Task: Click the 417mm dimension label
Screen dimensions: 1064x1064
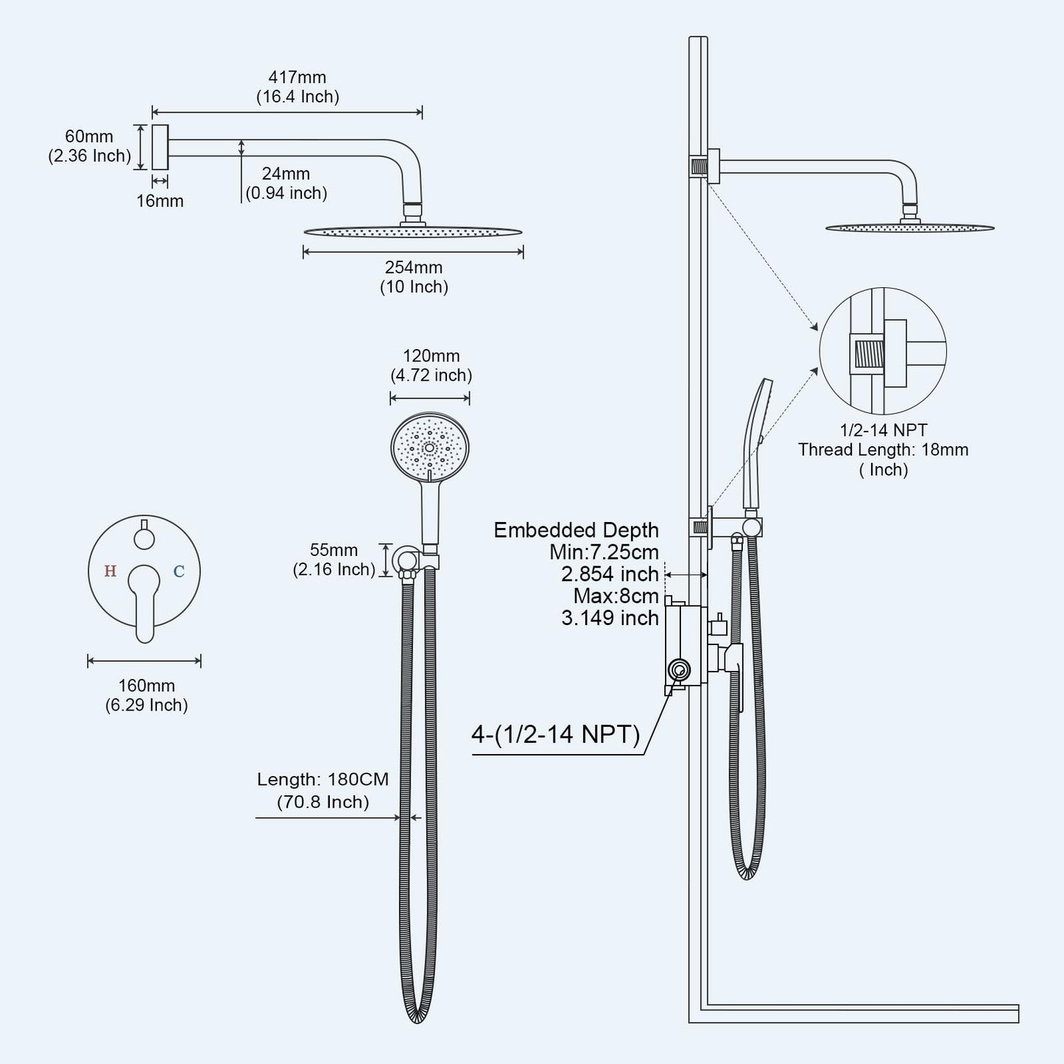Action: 297,77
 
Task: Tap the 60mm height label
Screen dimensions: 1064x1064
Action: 89,137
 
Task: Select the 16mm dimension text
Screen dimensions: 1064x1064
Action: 160,201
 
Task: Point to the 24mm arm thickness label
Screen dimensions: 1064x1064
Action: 286,175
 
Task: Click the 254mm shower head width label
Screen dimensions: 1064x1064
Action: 414,268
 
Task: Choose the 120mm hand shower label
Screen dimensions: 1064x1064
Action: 431,356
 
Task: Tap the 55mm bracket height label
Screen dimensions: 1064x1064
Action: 334,551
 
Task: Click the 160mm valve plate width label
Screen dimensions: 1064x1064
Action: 147,686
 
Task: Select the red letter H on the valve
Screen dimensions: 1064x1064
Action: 110,571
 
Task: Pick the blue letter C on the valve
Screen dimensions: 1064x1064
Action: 178,571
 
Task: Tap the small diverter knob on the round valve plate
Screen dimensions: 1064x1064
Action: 144,538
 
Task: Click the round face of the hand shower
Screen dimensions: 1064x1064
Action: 430,447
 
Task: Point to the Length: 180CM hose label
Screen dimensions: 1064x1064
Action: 323,780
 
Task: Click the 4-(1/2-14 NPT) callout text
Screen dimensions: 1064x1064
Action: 556,734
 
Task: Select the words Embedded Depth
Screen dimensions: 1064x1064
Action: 576,530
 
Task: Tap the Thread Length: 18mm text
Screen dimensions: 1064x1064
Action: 883,450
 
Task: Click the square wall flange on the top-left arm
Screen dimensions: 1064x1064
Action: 160,147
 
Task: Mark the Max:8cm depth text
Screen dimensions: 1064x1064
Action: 616,596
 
